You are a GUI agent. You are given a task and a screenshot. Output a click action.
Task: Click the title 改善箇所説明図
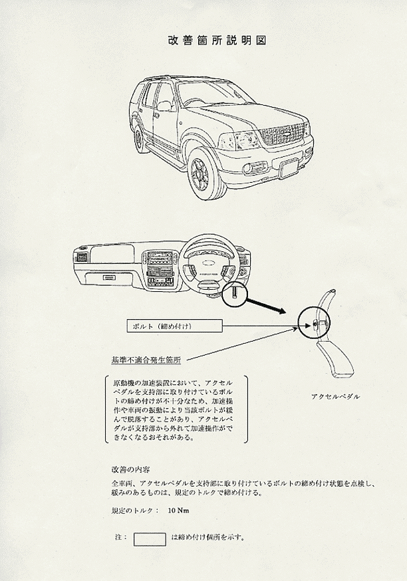point(217,40)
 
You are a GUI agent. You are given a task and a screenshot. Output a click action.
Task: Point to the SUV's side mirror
point(164,106)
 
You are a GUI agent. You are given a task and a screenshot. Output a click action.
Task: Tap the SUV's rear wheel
point(139,138)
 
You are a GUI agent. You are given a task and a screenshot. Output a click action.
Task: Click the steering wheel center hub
point(208,265)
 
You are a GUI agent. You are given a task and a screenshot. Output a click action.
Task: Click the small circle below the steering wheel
point(235,293)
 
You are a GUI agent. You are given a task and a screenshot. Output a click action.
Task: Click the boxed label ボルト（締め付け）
point(175,326)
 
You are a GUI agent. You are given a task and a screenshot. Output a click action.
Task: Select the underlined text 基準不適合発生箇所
point(146,360)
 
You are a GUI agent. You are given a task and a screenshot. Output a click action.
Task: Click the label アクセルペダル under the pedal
point(335,396)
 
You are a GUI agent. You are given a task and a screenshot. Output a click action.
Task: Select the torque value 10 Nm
point(179,511)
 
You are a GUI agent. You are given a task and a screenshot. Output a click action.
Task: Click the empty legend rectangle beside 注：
point(150,540)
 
